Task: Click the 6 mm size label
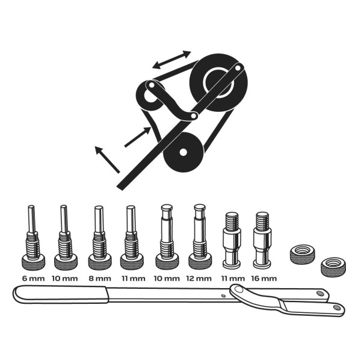coord(33,279)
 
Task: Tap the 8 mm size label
coord(100,279)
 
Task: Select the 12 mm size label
coord(199,279)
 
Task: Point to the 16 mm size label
coord(264,279)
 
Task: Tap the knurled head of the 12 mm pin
coord(200,262)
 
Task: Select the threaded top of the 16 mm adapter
coord(262,220)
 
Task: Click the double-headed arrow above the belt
coord(171,60)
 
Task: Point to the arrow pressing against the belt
coord(138,137)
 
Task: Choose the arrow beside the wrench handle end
coord(107,159)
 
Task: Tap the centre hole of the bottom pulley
coord(183,152)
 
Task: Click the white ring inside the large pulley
coord(218,82)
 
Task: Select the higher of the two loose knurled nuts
coord(302,254)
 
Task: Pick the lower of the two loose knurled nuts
coord(333,267)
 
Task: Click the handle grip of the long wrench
coord(61,294)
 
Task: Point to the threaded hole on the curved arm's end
coord(336,307)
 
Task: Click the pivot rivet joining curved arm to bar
coord(239,289)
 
